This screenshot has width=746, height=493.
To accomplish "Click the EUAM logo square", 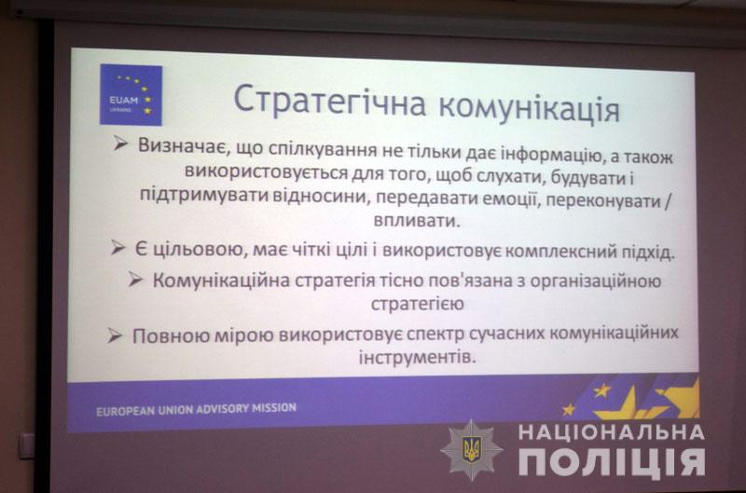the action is click(x=131, y=95).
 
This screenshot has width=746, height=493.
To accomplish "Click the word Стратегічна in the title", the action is click(x=330, y=101).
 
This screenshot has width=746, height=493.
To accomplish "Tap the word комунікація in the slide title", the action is click(x=529, y=108).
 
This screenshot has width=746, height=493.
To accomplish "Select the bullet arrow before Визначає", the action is click(x=121, y=143).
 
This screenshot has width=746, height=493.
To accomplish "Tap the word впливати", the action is click(x=417, y=221).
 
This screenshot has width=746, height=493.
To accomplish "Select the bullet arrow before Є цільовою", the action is click(x=117, y=247).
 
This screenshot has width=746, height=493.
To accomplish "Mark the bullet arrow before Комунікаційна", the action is click(x=135, y=279).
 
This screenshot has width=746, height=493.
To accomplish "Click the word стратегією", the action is click(x=417, y=304).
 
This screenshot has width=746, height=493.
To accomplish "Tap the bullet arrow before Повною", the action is click(x=115, y=336).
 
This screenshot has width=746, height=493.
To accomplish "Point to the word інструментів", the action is click(x=417, y=357).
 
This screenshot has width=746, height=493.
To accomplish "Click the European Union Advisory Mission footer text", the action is click(x=196, y=409).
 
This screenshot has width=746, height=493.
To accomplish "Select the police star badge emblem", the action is click(x=472, y=449).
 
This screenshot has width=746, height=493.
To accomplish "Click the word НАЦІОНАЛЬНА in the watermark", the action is click(x=612, y=432).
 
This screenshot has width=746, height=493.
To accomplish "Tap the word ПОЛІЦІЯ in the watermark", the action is click(x=612, y=461).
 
